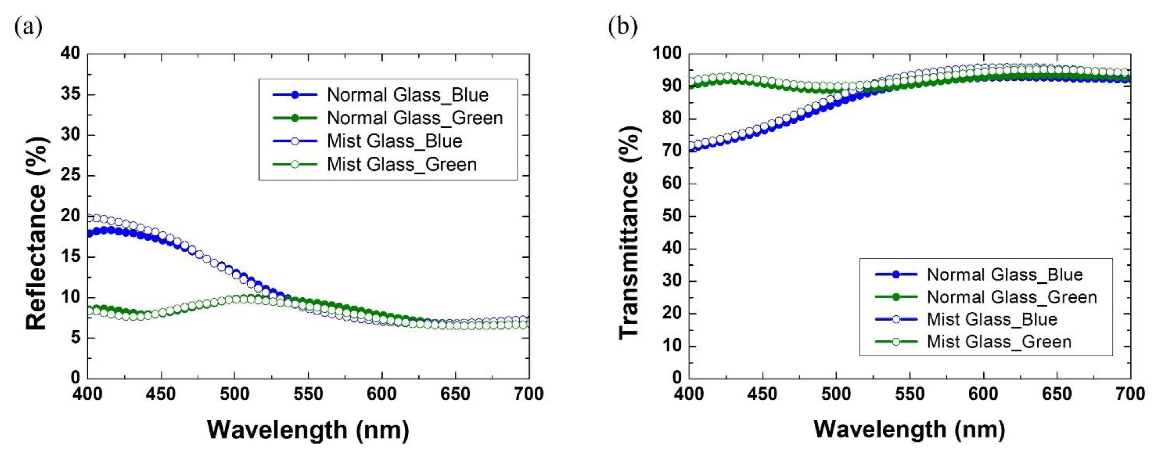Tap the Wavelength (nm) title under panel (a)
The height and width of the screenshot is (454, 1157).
(x=308, y=430)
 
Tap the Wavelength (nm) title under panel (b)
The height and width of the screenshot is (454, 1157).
(x=909, y=429)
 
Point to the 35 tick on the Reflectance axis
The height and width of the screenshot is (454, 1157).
(x=71, y=94)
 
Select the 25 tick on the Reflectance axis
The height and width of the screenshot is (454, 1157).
(x=71, y=176)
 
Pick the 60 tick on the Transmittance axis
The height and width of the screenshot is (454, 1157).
(x=672, y=184)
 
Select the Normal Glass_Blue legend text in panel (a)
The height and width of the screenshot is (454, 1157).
(x=407, y=95)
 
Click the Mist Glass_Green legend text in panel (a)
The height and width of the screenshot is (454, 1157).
(x=402, y=164)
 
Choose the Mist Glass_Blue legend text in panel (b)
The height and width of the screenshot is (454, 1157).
(x=992, y=319)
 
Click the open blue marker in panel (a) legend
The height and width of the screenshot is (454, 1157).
(x=295, y=141)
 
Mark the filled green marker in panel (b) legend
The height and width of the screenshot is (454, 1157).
(x=896, y=297)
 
